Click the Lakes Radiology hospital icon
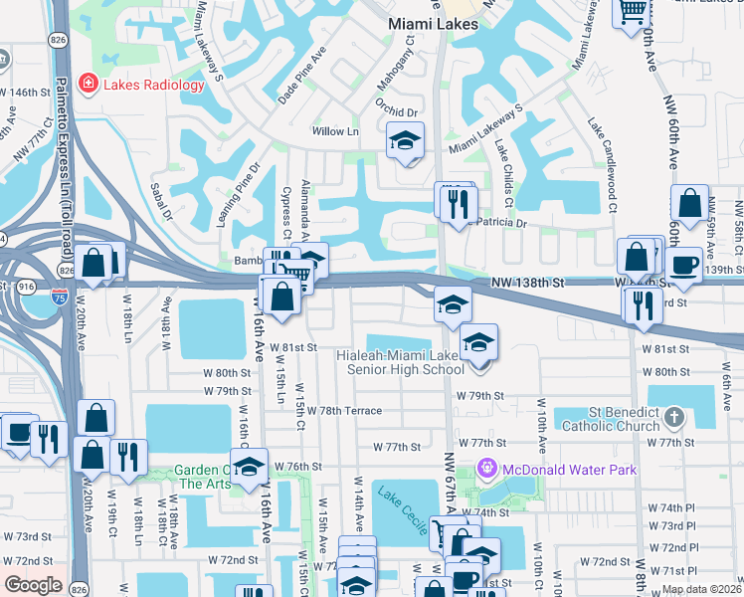click(x=90, y=85)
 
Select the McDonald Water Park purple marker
click(x=487, y=467)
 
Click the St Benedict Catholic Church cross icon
click(x=673, y=416)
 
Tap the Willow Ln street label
click(x=335, y=131)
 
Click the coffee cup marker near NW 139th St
click(x=684, y=265)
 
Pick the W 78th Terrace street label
click(x=344, y=410)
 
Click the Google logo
click(x=33, y=585)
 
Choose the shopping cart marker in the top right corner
click(x=632, y=13)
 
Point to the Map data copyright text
click(x=701, y=589)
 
